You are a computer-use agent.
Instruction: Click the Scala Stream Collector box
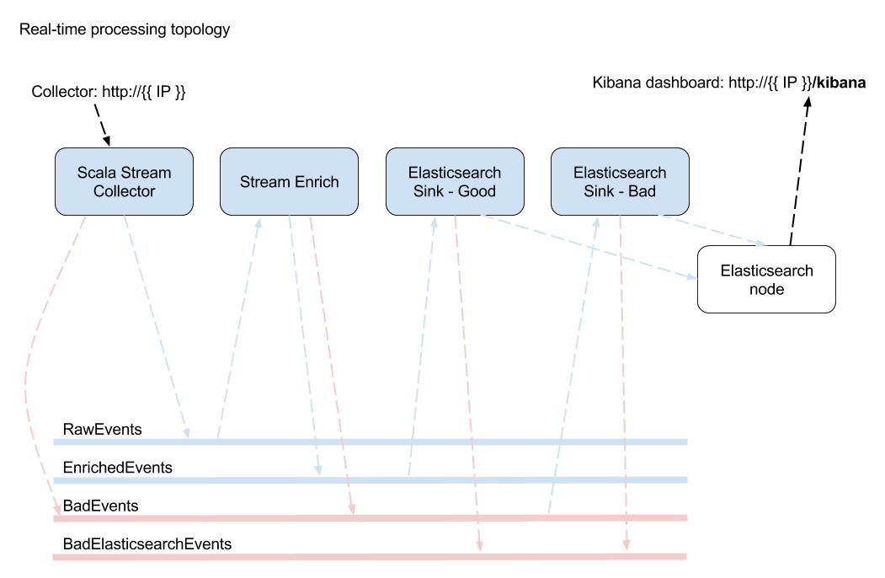point(124,182)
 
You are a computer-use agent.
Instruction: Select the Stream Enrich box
point(289,182)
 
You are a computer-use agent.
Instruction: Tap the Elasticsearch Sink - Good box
point(455,182)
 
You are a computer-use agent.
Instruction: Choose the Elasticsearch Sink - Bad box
point(620,182)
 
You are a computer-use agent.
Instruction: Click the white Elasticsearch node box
point(766,280)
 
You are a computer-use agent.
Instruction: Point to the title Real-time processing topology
point(125,29)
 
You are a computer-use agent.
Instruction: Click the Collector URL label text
point(109,92)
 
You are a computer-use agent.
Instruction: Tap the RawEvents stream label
point(103,430)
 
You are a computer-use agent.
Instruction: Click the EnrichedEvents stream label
point(118,468)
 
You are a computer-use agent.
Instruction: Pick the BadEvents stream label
point(101,506)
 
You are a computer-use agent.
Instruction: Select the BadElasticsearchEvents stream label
point(147,544)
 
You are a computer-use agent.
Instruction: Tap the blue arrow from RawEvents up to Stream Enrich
point(238,329)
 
